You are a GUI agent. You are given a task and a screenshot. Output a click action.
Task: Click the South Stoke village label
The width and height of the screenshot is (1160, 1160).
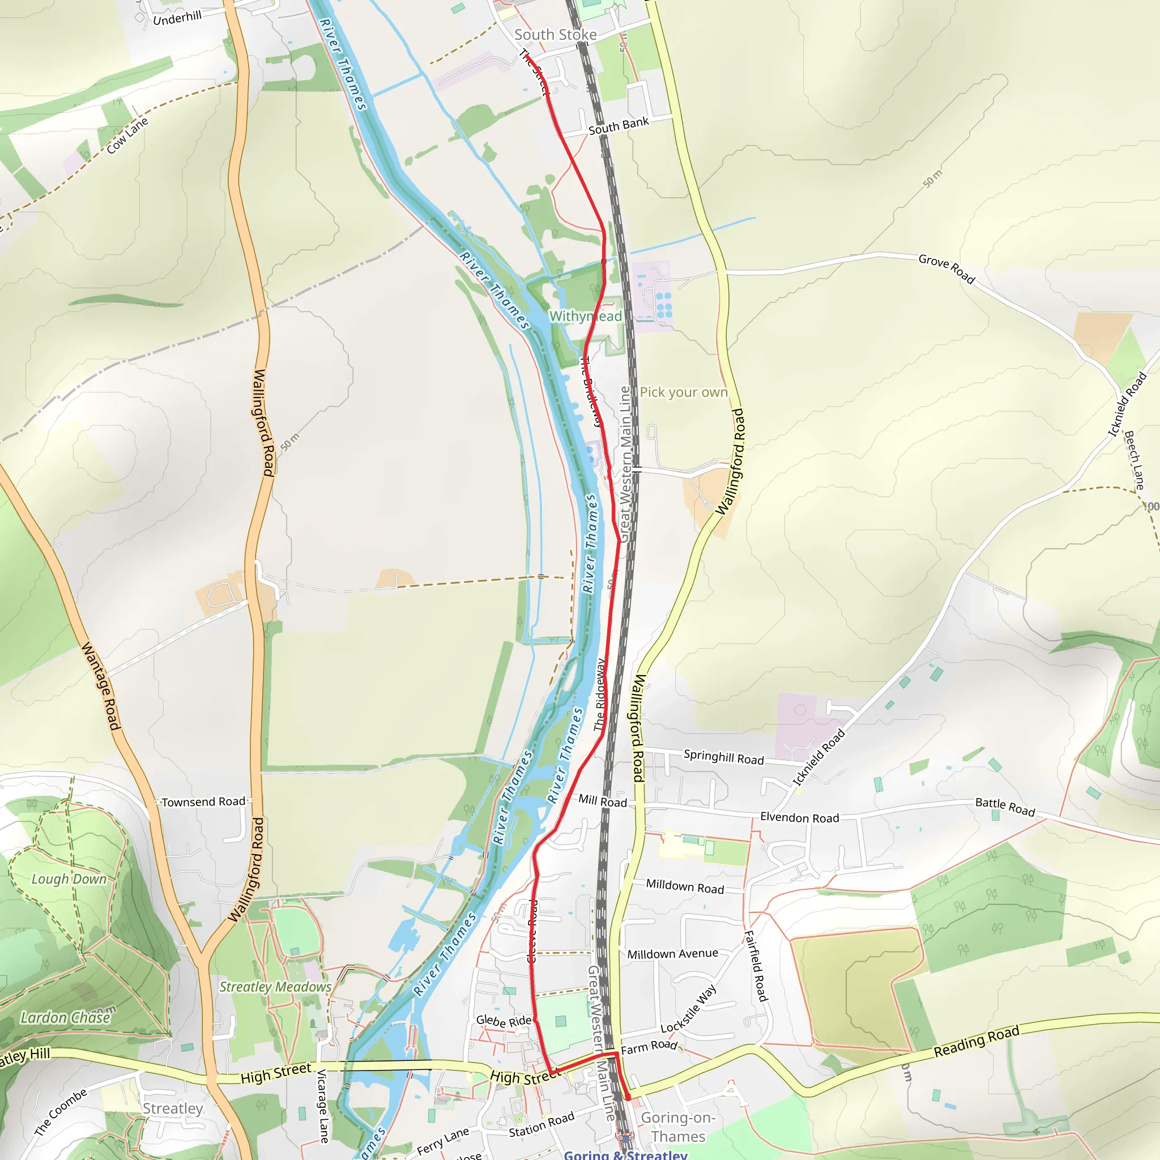[x=556, y=35]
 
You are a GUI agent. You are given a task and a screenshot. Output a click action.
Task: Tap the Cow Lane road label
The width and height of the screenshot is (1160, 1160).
[x=127, y=136]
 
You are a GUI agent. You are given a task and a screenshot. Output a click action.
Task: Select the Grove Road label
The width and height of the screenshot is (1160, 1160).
[x=946, y=268]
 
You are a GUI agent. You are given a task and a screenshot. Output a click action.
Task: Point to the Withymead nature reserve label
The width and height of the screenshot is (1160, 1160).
[x=586, y=317]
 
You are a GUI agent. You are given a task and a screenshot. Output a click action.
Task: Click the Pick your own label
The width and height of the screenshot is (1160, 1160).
[x=683, y=392]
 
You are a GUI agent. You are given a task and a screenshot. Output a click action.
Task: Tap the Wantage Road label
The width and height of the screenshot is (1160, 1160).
[x=101, y=686]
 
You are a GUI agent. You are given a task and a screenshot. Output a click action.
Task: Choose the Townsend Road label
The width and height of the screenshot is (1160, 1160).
[x=203, y=801]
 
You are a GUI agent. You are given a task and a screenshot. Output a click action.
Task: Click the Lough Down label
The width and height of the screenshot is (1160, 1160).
[x=69, y=879]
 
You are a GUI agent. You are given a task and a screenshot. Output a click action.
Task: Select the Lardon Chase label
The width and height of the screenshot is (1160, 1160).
[x=66, y=1018]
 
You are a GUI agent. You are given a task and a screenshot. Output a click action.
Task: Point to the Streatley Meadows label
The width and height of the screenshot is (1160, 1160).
[x=275, y=987]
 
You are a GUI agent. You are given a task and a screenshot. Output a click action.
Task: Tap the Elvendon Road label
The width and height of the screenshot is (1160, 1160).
[x=799, y=817]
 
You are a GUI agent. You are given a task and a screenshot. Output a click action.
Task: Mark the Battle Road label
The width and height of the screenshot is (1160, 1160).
[x=1005, y=807]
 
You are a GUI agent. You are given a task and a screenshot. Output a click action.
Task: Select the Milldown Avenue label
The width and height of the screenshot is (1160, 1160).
[x=672, y=953]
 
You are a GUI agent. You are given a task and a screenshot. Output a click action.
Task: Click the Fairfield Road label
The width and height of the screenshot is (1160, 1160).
[x=756, y=966]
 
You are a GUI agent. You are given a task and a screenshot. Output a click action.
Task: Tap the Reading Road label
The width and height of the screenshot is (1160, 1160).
[x=976, y=1042]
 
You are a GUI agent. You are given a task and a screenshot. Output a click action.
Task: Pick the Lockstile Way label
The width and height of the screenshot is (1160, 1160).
[x=689, y=1009]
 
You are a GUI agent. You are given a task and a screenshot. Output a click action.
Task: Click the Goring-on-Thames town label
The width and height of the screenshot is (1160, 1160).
[x=678, y=1127]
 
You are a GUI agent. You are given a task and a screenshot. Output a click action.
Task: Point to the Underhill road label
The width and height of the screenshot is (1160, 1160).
[x=177, y=18]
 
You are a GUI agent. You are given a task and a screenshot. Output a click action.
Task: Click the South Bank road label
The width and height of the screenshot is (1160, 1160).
[x=619, y=126]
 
